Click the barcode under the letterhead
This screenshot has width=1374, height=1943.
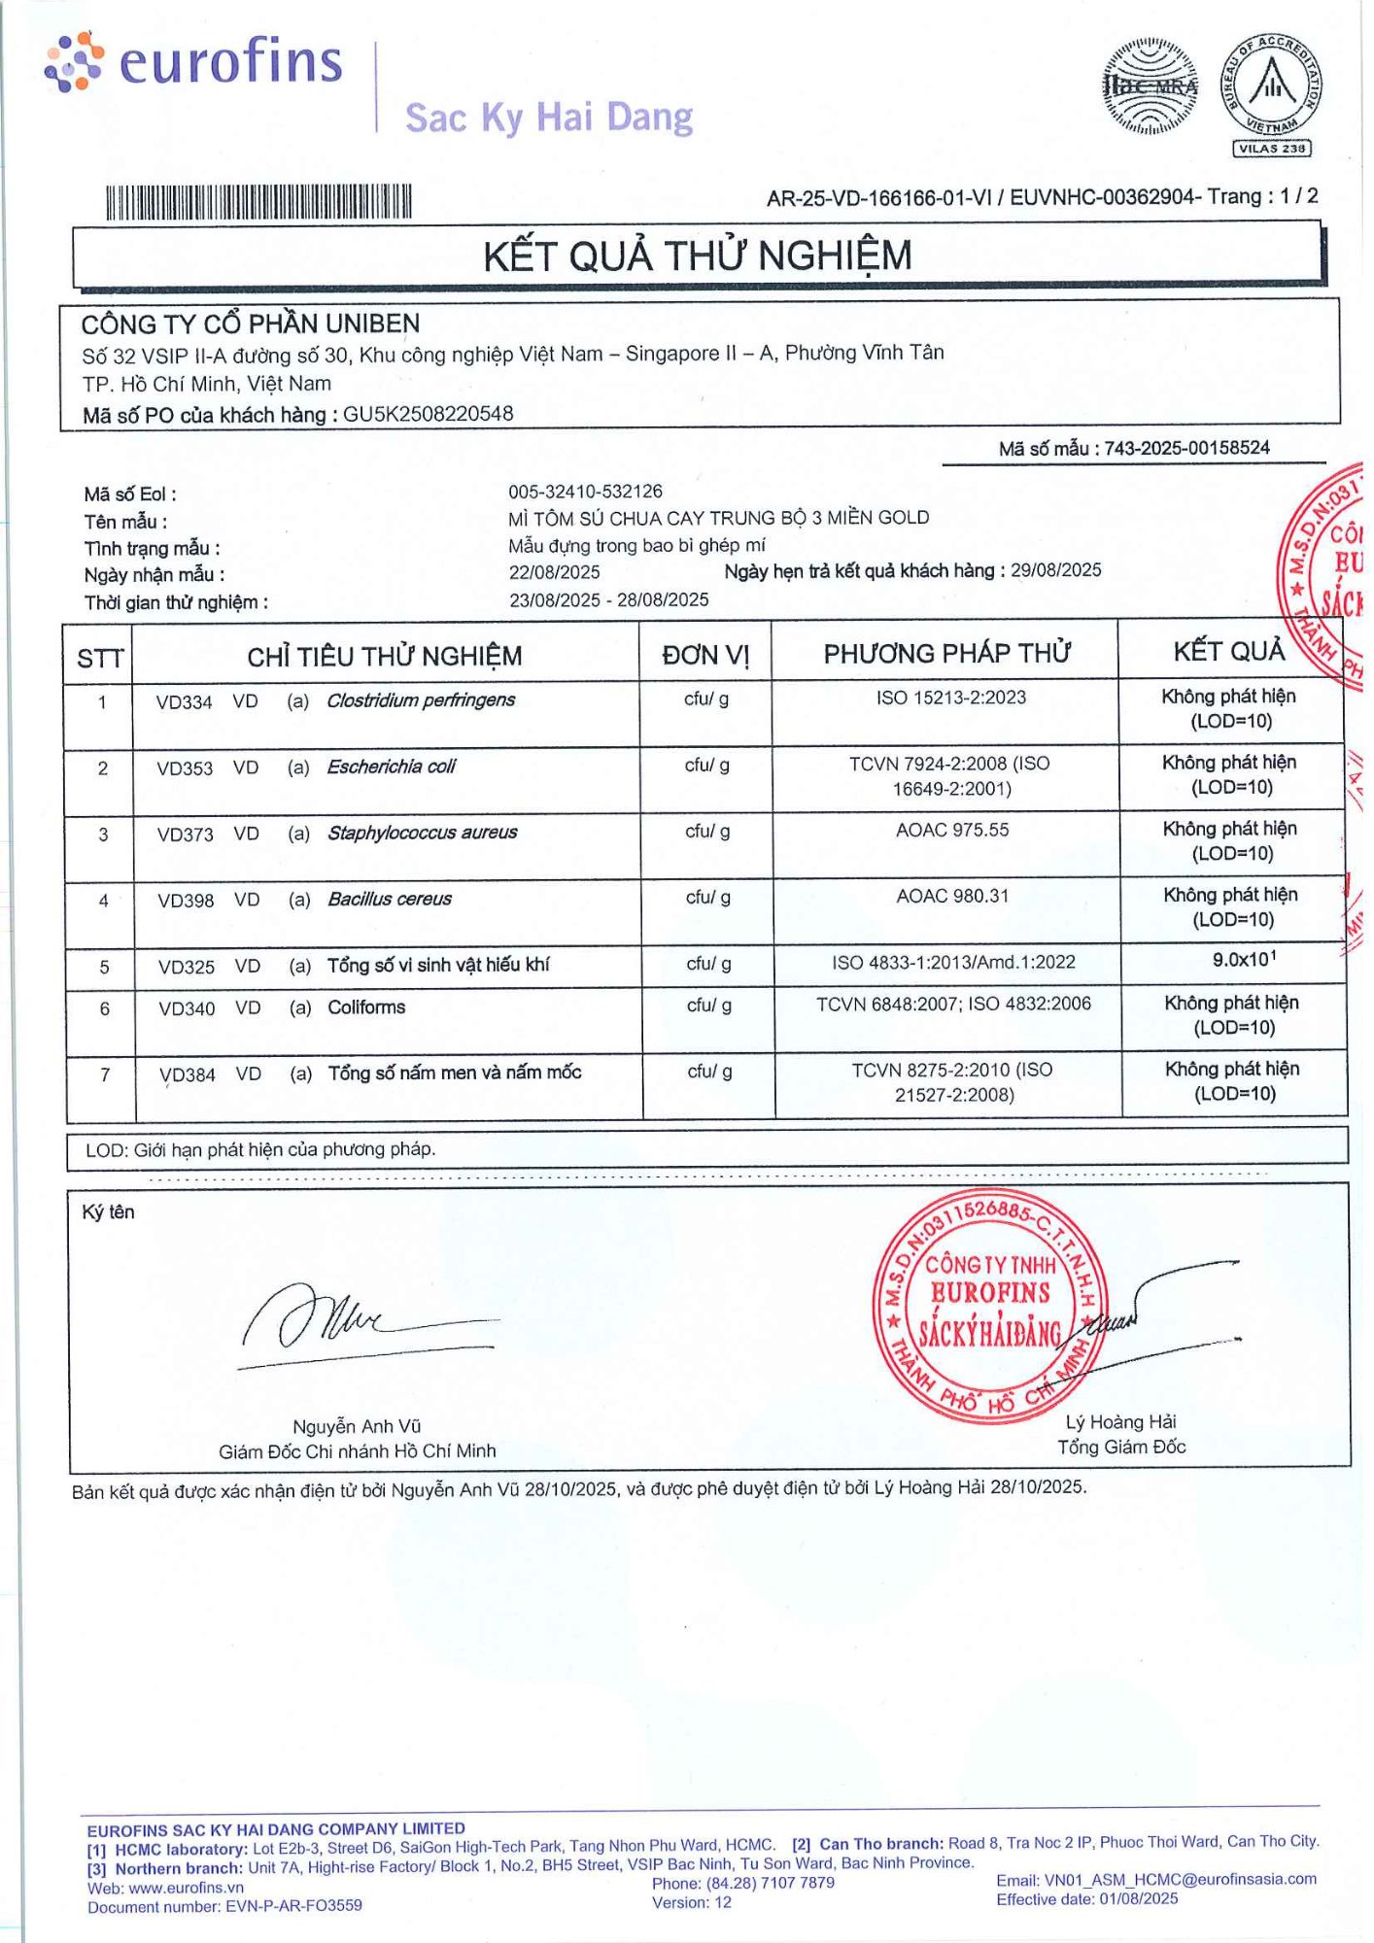(258, 202)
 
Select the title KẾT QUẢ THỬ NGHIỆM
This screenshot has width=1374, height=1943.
(698, 256)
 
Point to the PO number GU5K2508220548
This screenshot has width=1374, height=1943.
(428, 414)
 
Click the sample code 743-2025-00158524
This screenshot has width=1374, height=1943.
(1186, 448)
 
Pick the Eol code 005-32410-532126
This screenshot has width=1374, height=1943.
(585, 492)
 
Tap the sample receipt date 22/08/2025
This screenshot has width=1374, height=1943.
(554, 572)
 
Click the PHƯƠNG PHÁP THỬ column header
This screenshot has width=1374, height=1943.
(946, 653)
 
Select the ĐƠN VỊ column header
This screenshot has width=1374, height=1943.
(705, 655)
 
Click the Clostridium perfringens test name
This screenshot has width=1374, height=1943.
(421, 700)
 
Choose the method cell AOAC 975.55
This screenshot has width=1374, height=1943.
(952, 830)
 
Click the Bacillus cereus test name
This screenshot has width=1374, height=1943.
(390, 900)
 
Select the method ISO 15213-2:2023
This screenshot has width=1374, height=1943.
(950, 698)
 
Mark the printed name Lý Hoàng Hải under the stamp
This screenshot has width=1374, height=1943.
(1120, 1422)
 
